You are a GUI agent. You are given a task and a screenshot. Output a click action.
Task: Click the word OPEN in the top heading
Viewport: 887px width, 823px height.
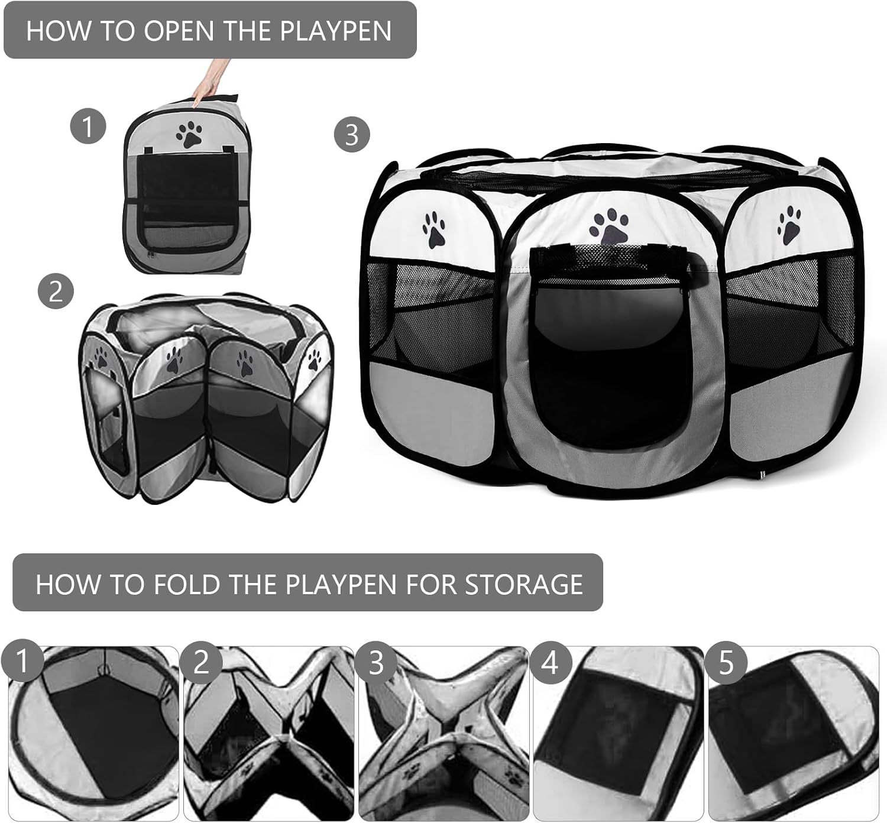(180, 31)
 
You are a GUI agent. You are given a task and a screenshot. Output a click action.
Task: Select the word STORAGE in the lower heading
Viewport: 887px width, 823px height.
(524, 584)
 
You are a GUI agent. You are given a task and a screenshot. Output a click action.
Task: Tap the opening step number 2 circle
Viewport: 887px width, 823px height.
(56, 291)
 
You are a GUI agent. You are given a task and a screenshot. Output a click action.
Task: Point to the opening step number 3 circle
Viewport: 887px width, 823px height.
(352, 134)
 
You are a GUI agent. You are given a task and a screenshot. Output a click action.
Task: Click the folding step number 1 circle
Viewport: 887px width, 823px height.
(22, 662)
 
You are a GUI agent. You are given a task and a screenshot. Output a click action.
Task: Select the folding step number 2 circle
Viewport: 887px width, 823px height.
(202, 663)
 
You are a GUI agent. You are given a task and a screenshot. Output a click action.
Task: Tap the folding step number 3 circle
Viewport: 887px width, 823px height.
(376, 663)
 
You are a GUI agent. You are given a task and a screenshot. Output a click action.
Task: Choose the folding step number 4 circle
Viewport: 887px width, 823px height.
(551, 663)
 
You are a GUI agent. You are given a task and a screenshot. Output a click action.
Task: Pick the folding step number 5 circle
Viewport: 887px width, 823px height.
(726, 663)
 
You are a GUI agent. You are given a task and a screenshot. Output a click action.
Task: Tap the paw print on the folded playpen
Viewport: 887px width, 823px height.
(189, 134)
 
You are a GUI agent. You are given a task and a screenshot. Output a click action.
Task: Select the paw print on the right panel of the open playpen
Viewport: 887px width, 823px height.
(789, 226)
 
